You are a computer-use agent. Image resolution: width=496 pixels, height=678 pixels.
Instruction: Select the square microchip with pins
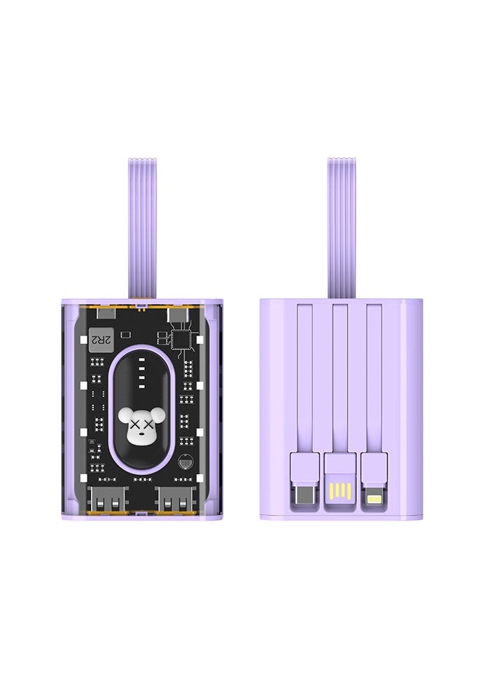[x=183, y=338]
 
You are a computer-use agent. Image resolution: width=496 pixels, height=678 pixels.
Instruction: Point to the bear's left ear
[x=125, y=414]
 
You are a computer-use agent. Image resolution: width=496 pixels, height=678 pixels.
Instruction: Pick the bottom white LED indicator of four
[x=142, y=384]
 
